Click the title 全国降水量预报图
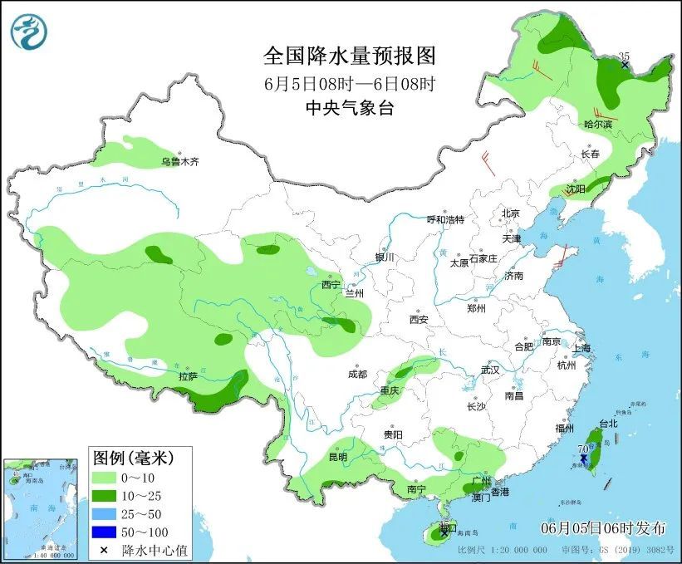tap(349, 56)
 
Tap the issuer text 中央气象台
tap(349, 107)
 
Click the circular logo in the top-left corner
tap(29, 31)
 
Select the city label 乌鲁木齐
tap(180, 161)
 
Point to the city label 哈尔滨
tap(597, 125)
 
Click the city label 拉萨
tap(188, 376)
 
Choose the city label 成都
tap(358, 374)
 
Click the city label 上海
tap(581, 348)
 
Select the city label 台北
tap(608, 423)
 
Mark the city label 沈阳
tap(576, 189)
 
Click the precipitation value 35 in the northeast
tap(625, 56)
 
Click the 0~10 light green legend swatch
tap(104, 478)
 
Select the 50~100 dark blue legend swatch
tap(104, 531)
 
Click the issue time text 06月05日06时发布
tap(603, 527)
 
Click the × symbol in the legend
tap(104, 549)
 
